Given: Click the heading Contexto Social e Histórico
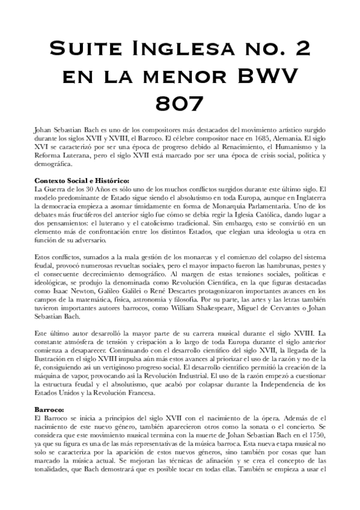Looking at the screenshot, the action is (x=81, y=180).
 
